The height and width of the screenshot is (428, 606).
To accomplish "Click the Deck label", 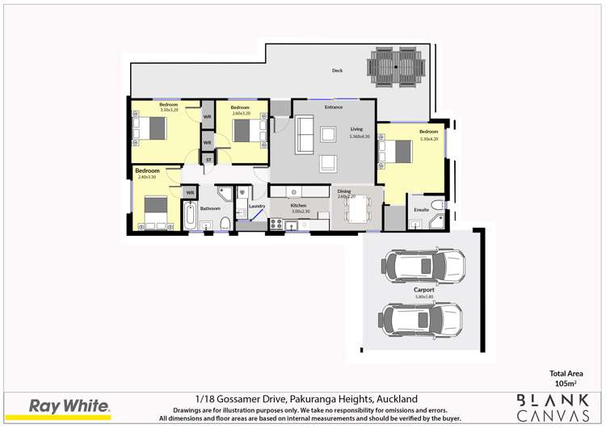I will (337, 71).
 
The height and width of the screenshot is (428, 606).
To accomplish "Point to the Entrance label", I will (334, 107).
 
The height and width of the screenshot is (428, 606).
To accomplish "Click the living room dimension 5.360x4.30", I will (359, 136).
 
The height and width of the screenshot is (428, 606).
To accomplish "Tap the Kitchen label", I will (299, 206).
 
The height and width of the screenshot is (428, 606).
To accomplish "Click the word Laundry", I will (258, 207).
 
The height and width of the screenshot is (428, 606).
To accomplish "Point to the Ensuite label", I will (421, 209).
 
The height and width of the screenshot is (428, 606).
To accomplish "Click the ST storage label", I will (208, 160).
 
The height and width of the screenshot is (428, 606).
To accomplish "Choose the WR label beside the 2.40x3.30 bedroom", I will (190, 192).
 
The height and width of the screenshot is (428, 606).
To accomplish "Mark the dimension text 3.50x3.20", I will (169, 110).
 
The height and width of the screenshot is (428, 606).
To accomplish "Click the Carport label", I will (425, 289).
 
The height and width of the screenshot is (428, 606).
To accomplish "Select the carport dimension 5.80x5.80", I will (425, 297).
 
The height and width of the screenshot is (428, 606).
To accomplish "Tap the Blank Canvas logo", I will (553, 407).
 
